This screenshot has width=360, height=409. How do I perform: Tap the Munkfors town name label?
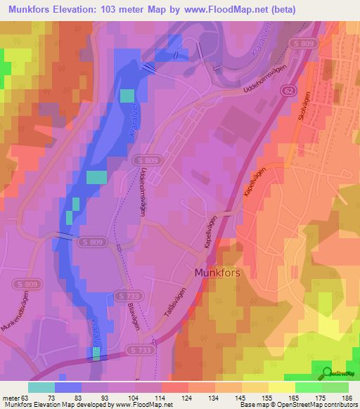point(218,271)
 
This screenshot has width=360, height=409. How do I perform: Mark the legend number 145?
point(241,397)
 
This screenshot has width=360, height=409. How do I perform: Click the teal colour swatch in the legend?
point(41,387)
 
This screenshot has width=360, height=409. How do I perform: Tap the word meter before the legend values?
point(10,397)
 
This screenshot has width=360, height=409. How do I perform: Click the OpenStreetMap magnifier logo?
point(326,373)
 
